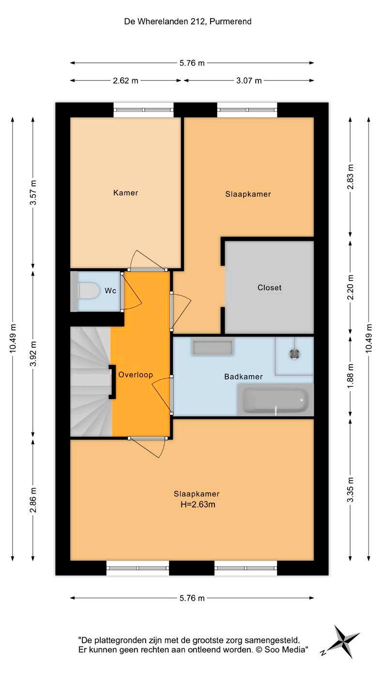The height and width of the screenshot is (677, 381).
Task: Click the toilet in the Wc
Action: coord(88,291)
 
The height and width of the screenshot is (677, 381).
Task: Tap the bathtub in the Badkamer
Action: coord(275,400)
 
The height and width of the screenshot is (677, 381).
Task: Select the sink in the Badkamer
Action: coord(213,347)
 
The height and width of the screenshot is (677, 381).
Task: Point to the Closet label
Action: coord(269,288)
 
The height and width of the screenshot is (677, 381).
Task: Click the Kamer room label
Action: coord(125,193)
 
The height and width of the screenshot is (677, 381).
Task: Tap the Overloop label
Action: coord(136,375)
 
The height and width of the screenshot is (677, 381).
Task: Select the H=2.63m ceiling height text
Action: coord(198,505)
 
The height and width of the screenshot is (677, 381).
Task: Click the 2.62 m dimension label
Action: coord(125,81)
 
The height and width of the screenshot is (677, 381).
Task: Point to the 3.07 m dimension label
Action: coord(249,81)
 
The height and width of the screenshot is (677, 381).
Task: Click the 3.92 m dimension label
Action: coord(33,354)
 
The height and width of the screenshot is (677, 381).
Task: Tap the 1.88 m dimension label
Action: coord(350,376)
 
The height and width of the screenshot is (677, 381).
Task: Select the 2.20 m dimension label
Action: coord(350,287)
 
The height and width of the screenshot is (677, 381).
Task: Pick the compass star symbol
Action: coord(343,642)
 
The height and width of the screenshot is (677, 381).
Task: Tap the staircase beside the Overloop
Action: coord(91,382)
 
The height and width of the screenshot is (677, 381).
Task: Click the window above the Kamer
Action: coord(143,110)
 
